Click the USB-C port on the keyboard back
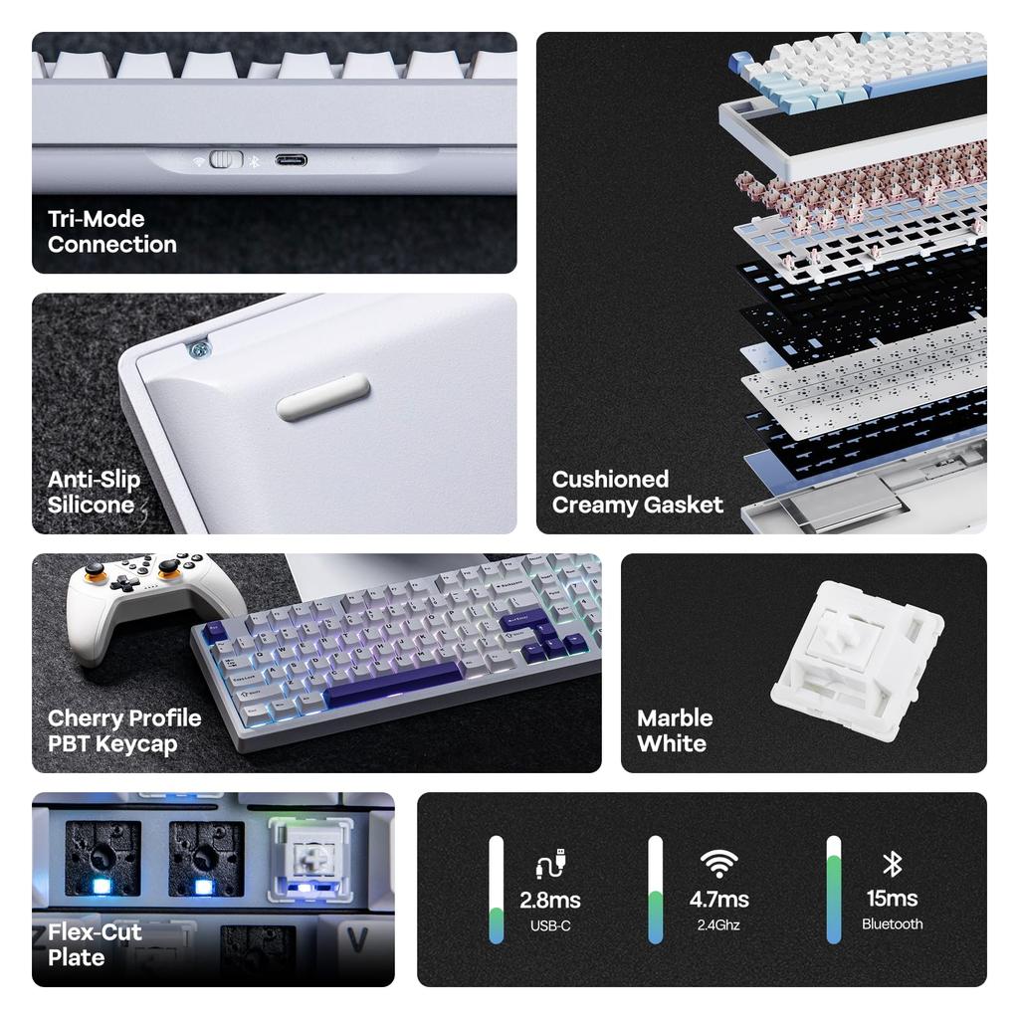coord(291,160)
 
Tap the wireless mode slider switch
coord(227,159)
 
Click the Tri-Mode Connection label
coord(111,232)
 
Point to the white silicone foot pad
coord(323,396)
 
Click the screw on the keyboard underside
coord(199,349)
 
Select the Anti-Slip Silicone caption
coord(94,493)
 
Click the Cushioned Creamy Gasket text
coord(637,493)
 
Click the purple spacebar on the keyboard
coord(392,686)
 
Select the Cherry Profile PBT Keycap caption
coord(123,731)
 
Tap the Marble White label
coord(674,731)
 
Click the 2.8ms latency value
coord(549,901)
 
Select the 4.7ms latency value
coord(718,900)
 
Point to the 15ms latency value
coord(892,899)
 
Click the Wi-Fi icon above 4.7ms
coord(718,862)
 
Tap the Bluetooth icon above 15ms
coord(892,863)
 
